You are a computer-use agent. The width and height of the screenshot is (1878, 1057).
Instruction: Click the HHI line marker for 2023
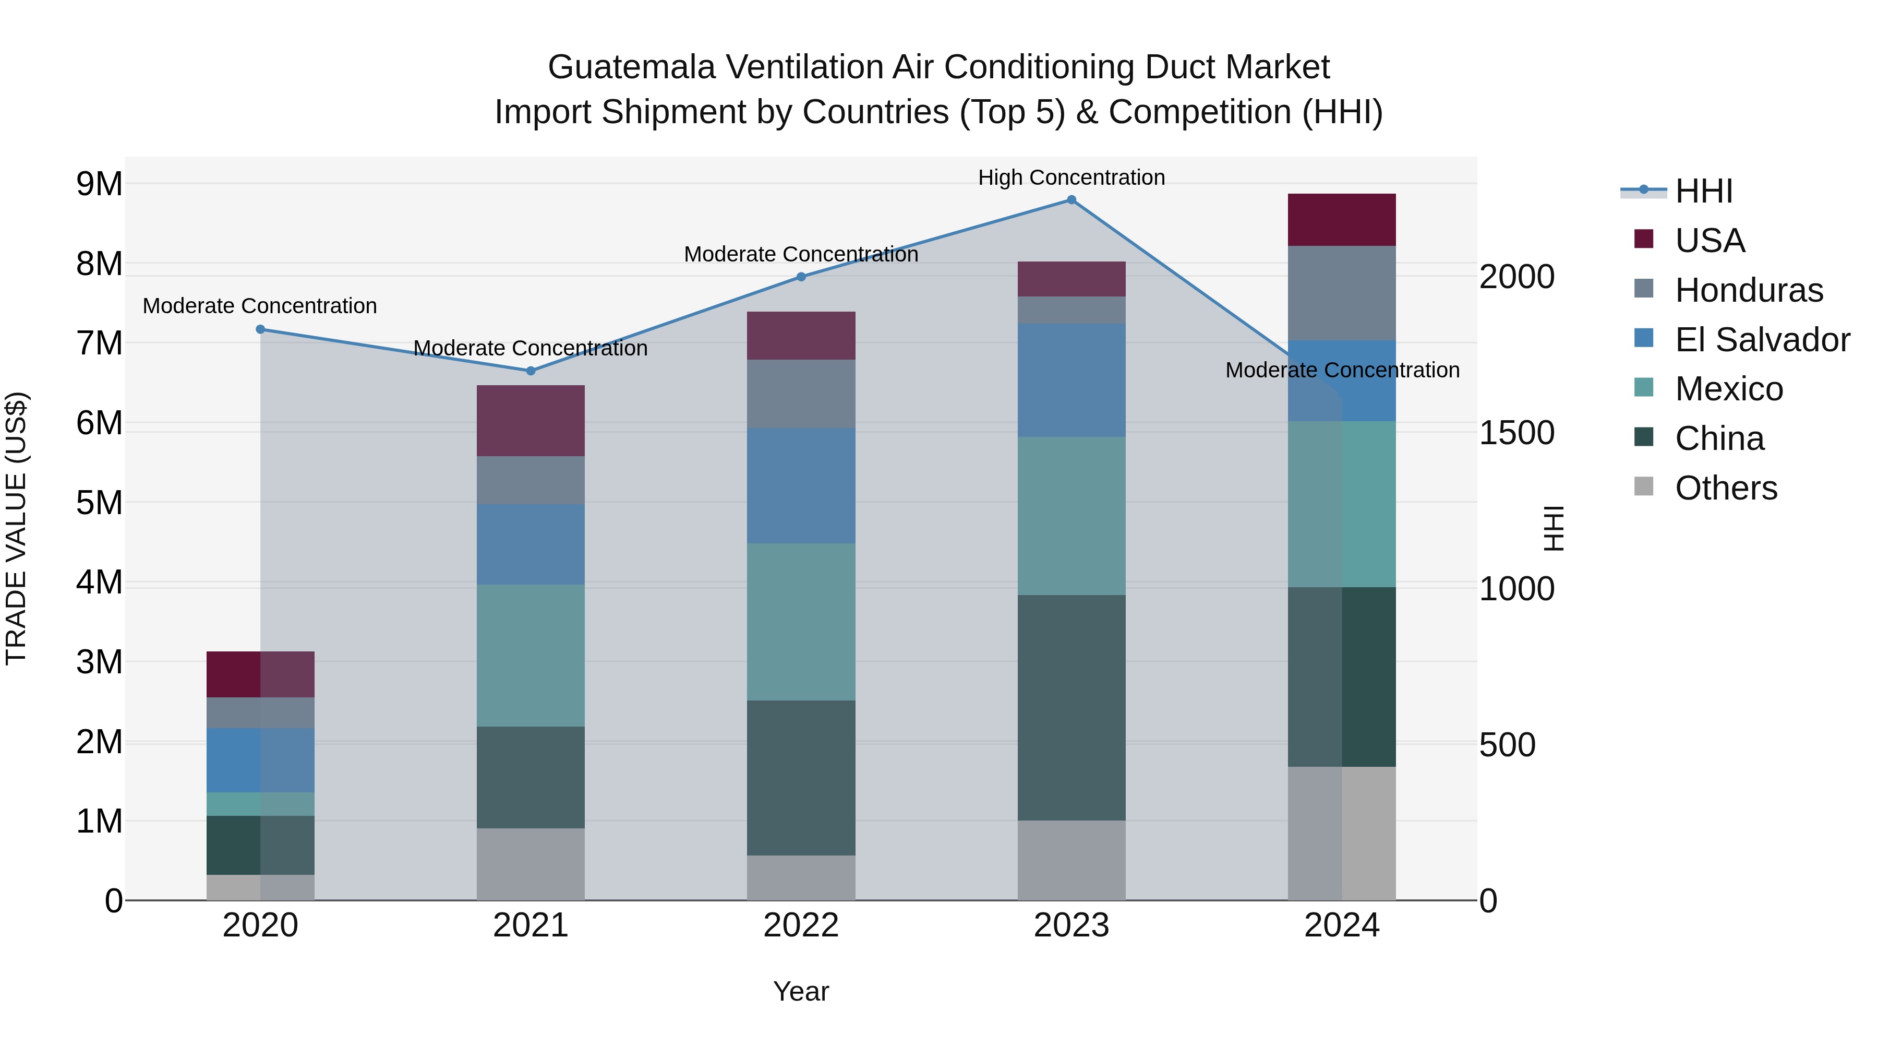click(x=1071, y=200)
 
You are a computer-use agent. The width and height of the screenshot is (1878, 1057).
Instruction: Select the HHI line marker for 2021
click(x=531, y=371)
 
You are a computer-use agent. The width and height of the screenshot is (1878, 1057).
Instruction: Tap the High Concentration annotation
click(x=1071, y=177)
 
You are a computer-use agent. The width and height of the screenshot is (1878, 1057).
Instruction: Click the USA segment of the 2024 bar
click(x=1341, y=220)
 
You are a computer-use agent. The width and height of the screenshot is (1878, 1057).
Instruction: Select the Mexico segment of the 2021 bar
click(x=531, y=655)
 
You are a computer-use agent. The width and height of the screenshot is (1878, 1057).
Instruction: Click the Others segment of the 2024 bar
click(x=1341, y=833)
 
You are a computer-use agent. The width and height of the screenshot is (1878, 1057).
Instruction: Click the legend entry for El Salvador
click(x=1761, y=340)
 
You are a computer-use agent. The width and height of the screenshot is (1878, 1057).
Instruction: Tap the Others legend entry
click(x=1725, y=488)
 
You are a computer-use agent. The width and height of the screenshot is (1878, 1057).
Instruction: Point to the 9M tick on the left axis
click(x=99, y=184)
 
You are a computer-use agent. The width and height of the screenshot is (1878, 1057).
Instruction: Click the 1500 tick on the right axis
click(x=1516, y=433)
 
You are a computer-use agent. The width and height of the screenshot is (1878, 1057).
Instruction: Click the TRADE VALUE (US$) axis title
click(x=16, y=528)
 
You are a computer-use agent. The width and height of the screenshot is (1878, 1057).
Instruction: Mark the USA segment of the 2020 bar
click(x=260, y=674)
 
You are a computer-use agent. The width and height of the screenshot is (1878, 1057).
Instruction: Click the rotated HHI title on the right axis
click(x=1554, y=528)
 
